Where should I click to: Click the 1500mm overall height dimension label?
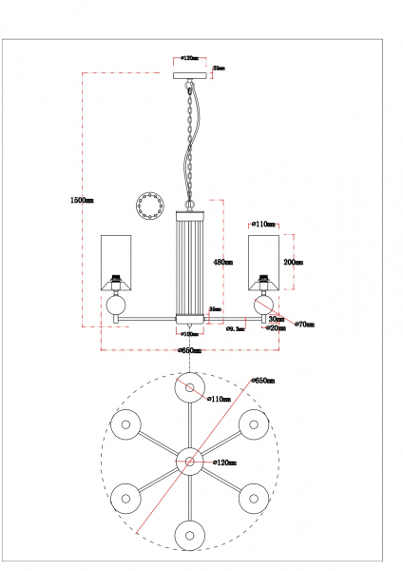click(x=82, y=200)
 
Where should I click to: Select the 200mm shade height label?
click(x=294, y=262)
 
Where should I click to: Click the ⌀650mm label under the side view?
click(x=190, y=351)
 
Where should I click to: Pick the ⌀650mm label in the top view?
click(x=263, y=380)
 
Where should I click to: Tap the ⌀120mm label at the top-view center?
click(x=224, y=462)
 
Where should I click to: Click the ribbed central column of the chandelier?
click(x=190, y=268)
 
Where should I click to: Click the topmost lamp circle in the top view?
click(x=190, y=387)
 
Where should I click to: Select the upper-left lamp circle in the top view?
click(x=125, y=424)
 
